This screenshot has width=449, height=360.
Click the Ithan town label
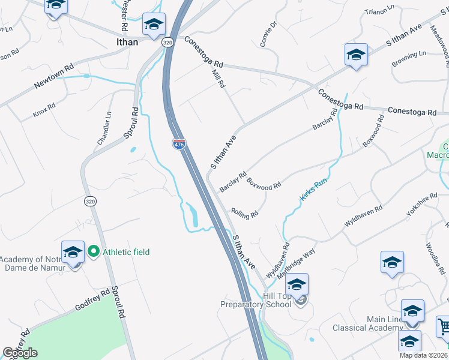(x=127, y=42)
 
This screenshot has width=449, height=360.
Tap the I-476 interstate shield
(x=179, y=144)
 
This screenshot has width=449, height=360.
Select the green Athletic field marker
(x=94, y=252)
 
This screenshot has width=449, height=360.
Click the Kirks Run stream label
(x=313, y=188)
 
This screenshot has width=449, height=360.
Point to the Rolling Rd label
(x=244, y=212)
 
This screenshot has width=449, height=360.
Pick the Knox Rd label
(x=44, y=110)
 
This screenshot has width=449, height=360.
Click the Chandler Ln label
(x=104, y=128)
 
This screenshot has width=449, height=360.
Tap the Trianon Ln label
(x=381, y=10)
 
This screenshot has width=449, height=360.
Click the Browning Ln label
(x=409, y=58)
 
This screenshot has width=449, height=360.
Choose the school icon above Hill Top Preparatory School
(x=297, y=284)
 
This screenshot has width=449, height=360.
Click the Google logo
(x=20, y=353)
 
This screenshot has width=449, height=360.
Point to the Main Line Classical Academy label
(x=368, y=323)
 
